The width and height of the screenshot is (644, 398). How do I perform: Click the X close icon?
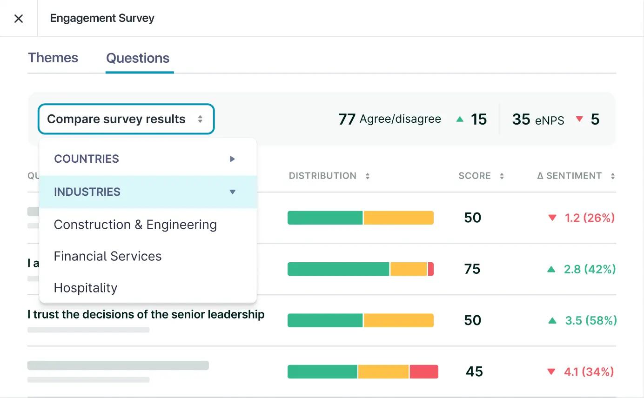point(19,19)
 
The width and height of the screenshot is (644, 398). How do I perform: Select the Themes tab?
point(53,58)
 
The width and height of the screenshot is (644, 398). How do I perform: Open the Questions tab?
point(138,58)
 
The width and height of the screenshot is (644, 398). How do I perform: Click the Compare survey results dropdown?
point(126,119)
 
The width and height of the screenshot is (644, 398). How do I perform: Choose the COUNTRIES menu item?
point(87,159)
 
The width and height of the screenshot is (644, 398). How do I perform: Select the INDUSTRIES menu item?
point(87,192)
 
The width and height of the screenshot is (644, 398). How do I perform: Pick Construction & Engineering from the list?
point(135,225)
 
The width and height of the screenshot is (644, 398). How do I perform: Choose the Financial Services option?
point(107,256)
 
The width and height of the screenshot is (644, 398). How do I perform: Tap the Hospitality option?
point(86,288)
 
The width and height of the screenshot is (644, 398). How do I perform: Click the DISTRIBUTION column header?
point(322,176)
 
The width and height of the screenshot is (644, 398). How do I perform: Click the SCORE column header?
point(475,176)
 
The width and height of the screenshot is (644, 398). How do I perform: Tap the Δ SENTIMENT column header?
point(569,176)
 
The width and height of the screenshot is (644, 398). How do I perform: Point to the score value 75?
point(472,269)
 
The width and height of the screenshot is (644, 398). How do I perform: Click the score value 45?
point(474,371)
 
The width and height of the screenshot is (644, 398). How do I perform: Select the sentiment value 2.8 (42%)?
point(590,269)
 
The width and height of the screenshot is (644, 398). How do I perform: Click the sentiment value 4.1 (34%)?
point(589,371)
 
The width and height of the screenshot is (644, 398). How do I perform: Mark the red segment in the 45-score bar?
point(424,371)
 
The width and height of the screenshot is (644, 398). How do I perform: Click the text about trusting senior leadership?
point(146,315)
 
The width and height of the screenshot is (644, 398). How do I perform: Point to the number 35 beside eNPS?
point(521,119)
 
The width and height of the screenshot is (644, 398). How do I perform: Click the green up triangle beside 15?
point(460,119)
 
